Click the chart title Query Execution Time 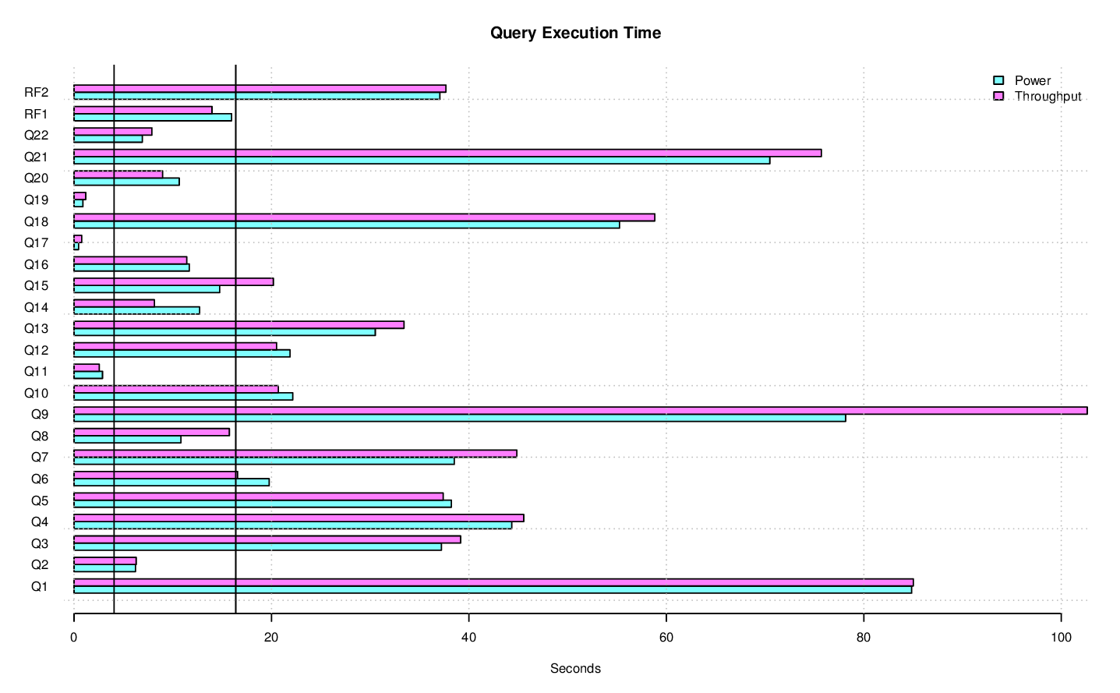click(x=575, y=33)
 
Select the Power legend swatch click(x=998, y=80)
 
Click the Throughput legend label click(x=1048, y=97)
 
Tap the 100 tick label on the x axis click(x=1061, y=637)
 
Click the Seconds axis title click(x=575, y=668)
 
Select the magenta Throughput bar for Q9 click(x=580, y=411)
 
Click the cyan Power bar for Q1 click(x=493, y=590)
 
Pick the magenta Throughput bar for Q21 click(x=447, y=153)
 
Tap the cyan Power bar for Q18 click(x=347, y=225)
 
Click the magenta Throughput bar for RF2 click(x=260, y=89)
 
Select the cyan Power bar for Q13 click(x=224, y=332)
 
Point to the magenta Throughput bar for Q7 click(x=295, y=454)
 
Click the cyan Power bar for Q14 click(x=136, y=311)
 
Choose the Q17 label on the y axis click(x=36, y=243)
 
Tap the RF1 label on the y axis click(x=36, y=115)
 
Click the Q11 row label click(x=36, y=372)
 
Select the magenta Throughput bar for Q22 click(x=113, y=132)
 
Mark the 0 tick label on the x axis click(x=74, y=637)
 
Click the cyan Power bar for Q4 click(x=293, y=525)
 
